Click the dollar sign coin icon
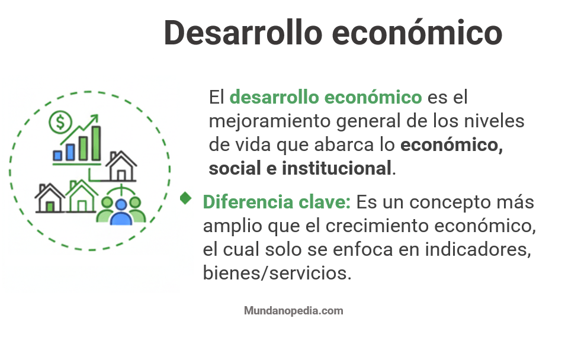pyautogui.click(x=60, y=123)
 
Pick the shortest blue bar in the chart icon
pyautogui.click(x=58, y=155)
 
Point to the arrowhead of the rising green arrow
pyautogui.click(x=93, y=120)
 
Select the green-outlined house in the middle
pyautogui.click(x=82, y=197)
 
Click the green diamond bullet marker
pyautogui.click(x=186, y=198)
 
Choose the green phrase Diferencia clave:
pyautogui.click(x=277, y=202)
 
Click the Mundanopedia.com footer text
pyautogui.click(x=293, y=310)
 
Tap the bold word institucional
pyautogui.click(x=336, y=168)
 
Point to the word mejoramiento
pyautogui.click(x=270, y=121)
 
